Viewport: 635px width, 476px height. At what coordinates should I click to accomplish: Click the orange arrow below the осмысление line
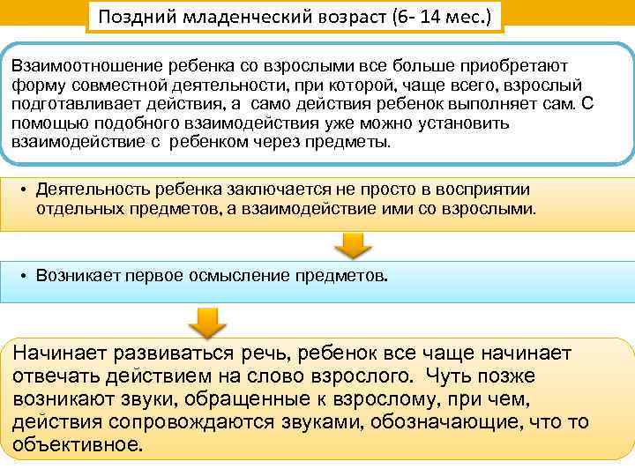(205, 323)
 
